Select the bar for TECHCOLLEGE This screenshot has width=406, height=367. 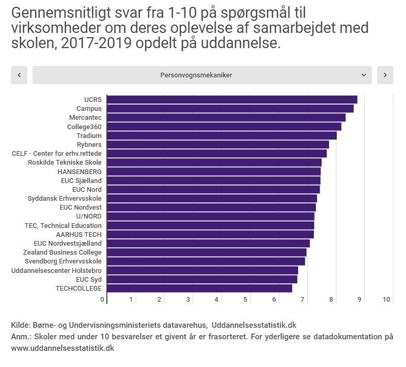[x=199, y=288]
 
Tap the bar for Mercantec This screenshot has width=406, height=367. [x=226, y=118]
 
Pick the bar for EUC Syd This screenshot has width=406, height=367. [x=202, y=279]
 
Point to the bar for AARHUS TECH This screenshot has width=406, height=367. [x=210, y=234]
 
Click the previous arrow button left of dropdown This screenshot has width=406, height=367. [x=19, y=75]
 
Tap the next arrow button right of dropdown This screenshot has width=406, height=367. [x=385, y=75]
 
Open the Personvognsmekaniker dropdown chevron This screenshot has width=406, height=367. [x=364, y=75]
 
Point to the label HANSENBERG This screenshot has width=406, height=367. [x=80, y=171]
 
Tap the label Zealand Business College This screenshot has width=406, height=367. [x=62, y=253]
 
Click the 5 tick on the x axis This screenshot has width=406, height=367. [x=245, y=300]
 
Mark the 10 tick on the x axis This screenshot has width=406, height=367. [x=387, y=300]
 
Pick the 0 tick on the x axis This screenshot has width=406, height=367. [x=102, y=300]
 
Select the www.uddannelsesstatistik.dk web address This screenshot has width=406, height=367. [x=62, y=348]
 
